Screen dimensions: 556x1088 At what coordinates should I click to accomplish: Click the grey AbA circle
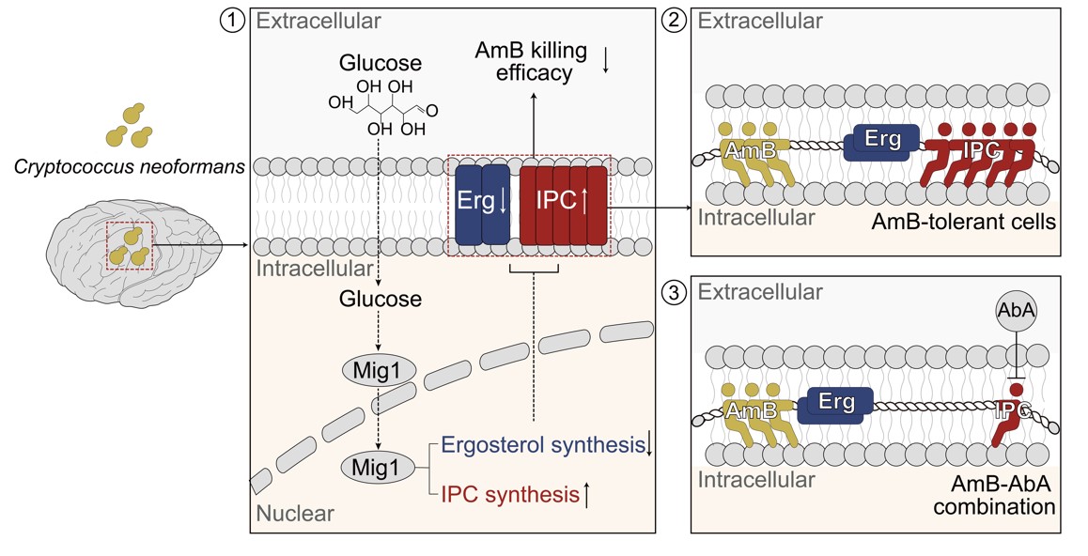click(x=1016, y=317)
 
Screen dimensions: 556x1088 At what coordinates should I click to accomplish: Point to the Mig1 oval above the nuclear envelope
click(x=377, y=369)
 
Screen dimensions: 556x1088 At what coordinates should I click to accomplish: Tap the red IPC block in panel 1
click(x=564, y=204)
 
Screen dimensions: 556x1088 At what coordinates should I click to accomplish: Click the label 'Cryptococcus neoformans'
click(x=131, y=167)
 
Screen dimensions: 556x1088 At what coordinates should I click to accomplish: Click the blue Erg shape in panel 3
click(x=833, y=404)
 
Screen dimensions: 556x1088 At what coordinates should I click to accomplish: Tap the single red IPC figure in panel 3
click(x=1014, y=413)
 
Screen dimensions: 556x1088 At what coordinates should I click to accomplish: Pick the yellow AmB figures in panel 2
click(x=752, y=148)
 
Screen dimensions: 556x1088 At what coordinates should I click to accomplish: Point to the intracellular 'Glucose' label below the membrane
click(x=379, y=301)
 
